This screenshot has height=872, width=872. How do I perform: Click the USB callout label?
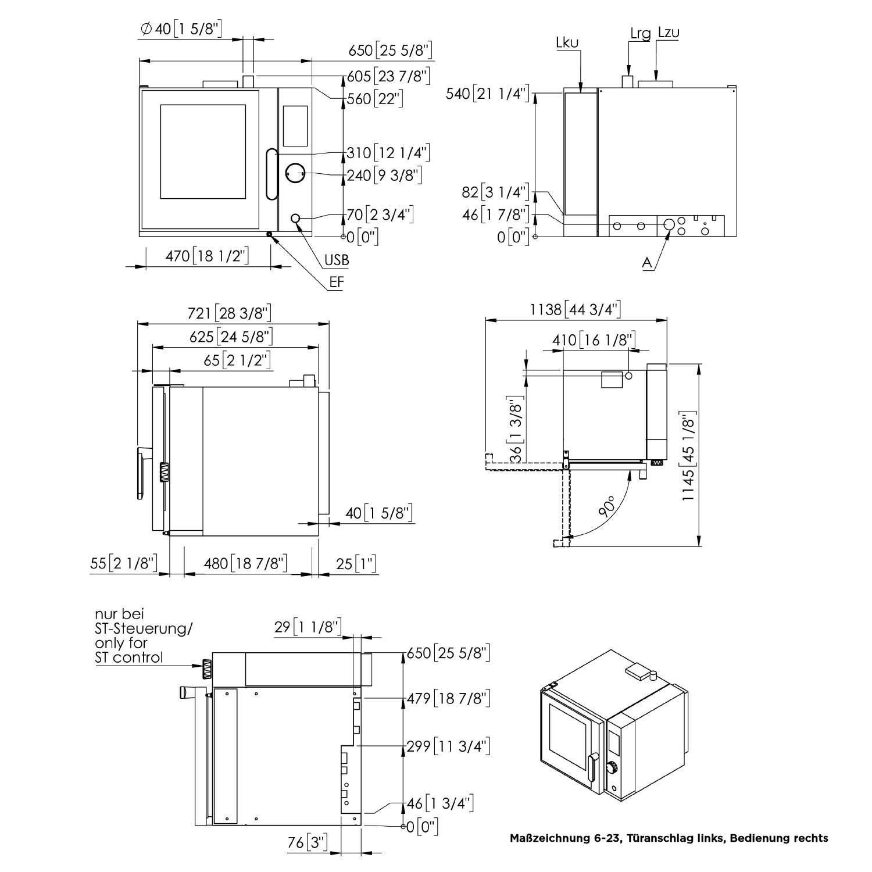coord(337,260)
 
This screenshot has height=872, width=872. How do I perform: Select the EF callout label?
coord(337,283)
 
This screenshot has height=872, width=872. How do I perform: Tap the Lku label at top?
coord(567,42)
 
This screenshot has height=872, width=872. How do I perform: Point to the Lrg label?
coord(640,33)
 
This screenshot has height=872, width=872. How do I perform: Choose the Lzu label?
coord(668,32)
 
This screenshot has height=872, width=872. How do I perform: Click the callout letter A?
coord(646,263)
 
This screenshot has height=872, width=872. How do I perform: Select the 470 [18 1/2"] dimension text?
coord(207,256)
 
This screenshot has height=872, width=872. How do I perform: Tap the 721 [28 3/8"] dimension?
coord(229,313)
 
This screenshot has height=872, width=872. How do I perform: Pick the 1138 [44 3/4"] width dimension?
coord(575,309)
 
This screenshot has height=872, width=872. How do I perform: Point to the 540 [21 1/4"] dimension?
coord(488,93)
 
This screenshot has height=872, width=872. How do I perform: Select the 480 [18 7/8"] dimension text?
coord(246,563)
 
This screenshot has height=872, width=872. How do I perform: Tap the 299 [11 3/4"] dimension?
coord(448,746)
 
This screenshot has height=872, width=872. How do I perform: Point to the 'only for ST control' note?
coord(129,651)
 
